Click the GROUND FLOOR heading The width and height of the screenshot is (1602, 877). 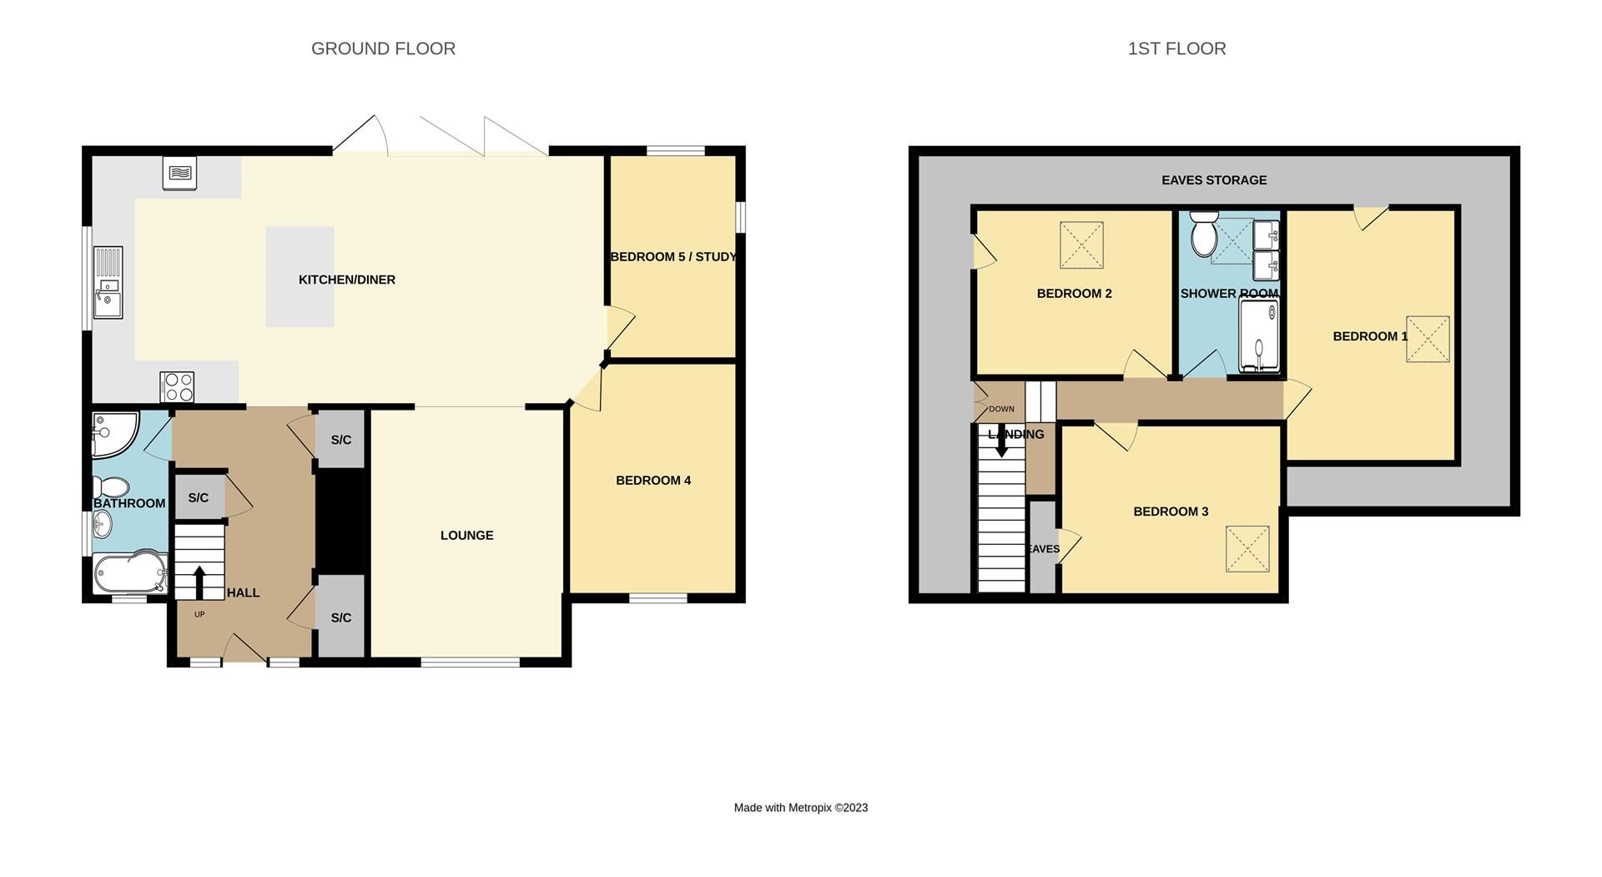tap(383, 48)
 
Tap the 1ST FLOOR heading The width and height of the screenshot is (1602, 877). tap(1176, 48)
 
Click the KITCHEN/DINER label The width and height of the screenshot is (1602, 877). tap(347, 280)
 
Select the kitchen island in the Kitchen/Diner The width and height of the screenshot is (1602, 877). tap(300, 276)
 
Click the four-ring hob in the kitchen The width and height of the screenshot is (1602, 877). tap(177, 387)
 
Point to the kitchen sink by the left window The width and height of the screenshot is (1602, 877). tap(108, 283)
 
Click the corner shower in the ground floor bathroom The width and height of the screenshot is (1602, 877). tap(112, 434)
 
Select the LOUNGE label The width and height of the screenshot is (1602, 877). tap(466, 535)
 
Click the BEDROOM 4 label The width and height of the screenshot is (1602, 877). tap(653, 480)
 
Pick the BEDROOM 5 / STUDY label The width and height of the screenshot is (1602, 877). tap(673, 256)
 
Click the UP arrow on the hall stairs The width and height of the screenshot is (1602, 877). tap(199, 582)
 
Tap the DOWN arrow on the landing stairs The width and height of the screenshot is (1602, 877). tap(1001, 442)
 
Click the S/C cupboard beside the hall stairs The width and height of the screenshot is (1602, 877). tap(199, 497)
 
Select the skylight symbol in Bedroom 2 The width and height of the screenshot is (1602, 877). tap(1081, 244)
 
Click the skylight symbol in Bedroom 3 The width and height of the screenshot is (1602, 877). tap(1247, 548)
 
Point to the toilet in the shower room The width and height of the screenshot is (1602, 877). tap(1204, 233)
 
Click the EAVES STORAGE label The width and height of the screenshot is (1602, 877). tap(1214, 179)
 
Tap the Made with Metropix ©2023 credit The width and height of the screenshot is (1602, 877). tap(800, 807)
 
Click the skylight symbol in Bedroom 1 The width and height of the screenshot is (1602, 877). tap(1428, 339)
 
